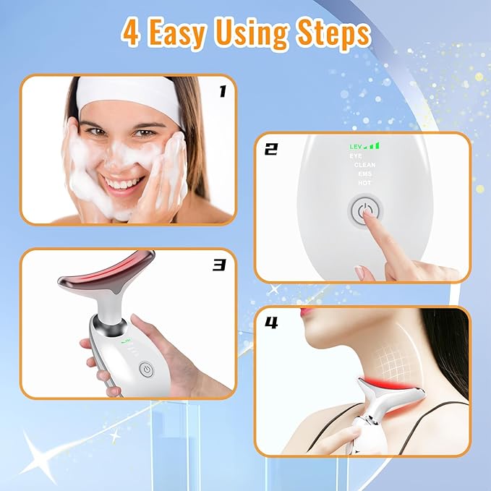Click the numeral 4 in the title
pos(131,34)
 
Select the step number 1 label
pos(222,91)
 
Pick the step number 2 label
pos(271,150)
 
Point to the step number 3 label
pos(220,265)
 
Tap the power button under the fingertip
pos(364,213)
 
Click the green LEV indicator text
pos(357,146)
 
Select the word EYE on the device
pos(356,155)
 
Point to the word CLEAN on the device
pos(364,165)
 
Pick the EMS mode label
pos(365,174)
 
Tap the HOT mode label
pos(365,183)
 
